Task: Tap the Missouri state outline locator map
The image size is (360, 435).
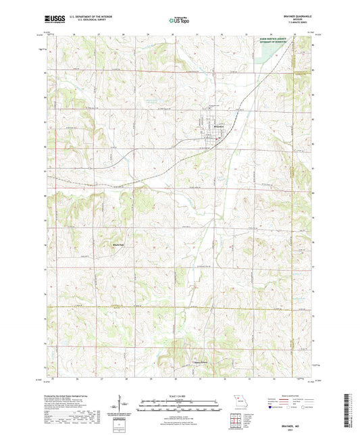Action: [238, 402]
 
